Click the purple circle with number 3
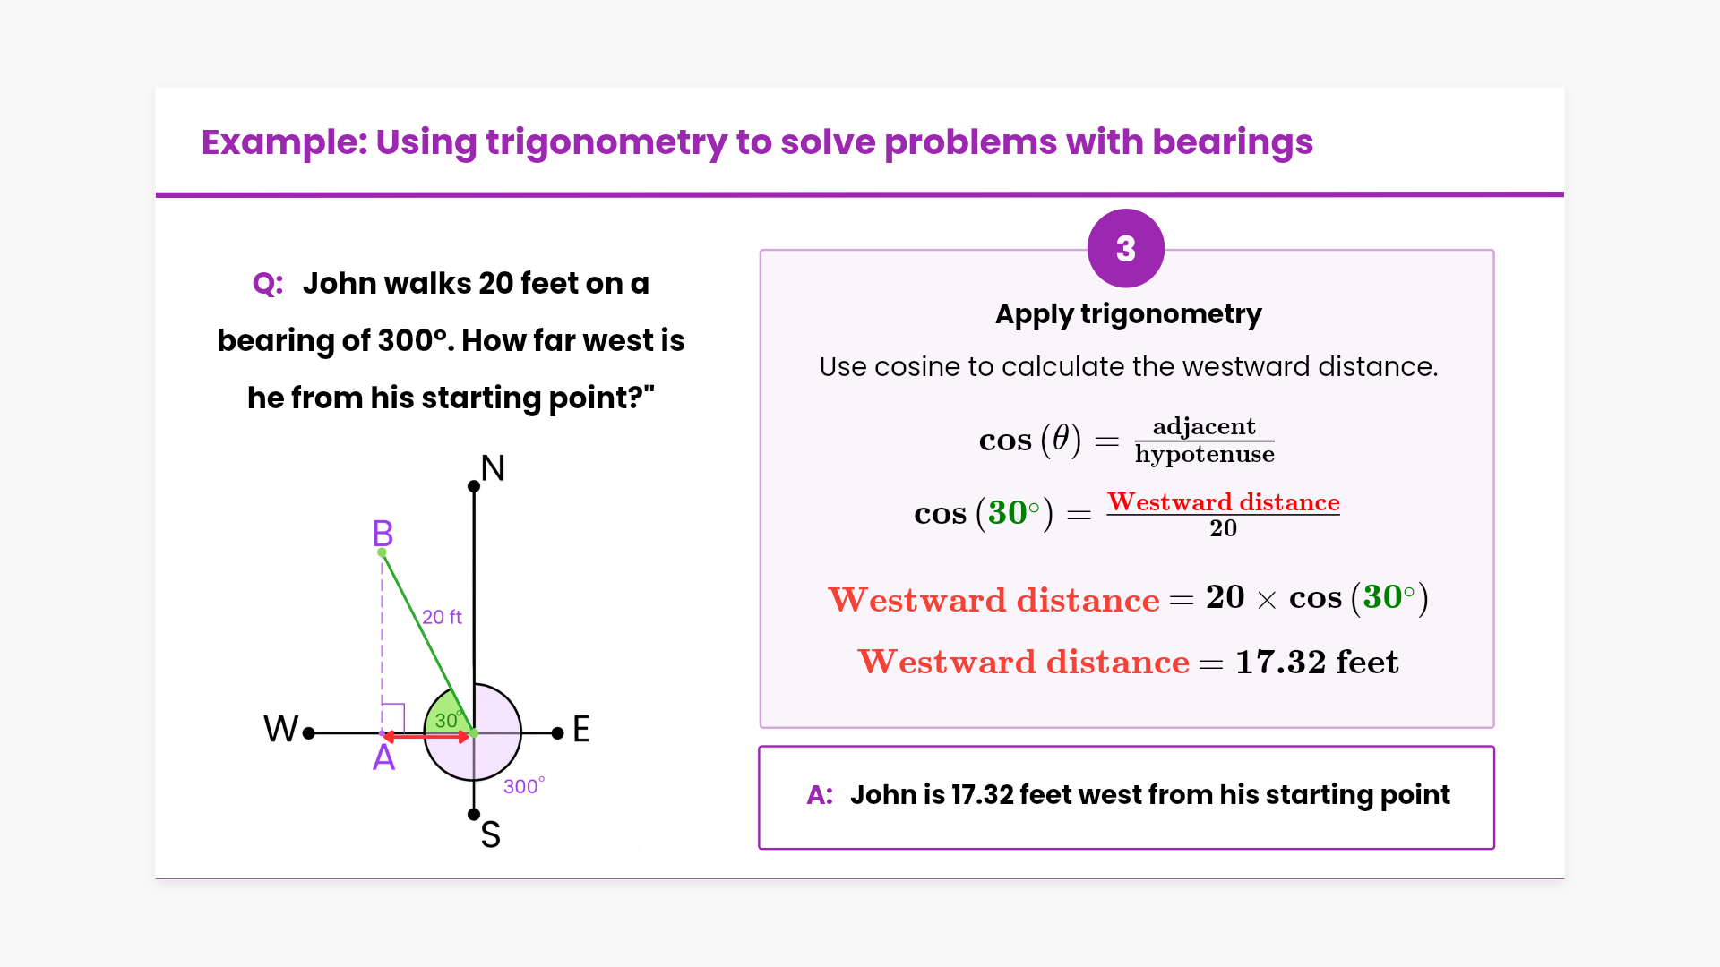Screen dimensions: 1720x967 pos(1126,248)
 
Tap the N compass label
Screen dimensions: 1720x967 pos(493,467)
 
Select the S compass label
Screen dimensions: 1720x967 pos(490,834)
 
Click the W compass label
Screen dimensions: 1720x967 pos(280,729)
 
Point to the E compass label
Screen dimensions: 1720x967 pos(581,729)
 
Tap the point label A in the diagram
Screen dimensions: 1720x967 pos(383,757)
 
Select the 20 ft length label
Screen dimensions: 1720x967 pos(442,617)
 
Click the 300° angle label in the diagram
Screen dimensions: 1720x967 pos(524,786)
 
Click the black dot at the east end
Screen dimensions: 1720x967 pos(557,733)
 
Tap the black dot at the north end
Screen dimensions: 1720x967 pos(474,486)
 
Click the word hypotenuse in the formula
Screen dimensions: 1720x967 pos(1204,455)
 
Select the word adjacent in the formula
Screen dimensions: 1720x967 pos(1204,426)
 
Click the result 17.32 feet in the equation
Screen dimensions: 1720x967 pos(1317,662)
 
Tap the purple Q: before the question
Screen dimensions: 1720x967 pos(268,284)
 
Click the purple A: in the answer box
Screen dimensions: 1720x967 pos(820,794)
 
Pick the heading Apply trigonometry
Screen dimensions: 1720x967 pos(1128,314)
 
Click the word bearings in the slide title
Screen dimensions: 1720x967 pos(1233,143)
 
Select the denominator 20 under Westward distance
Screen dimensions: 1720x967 pos(1223,528)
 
